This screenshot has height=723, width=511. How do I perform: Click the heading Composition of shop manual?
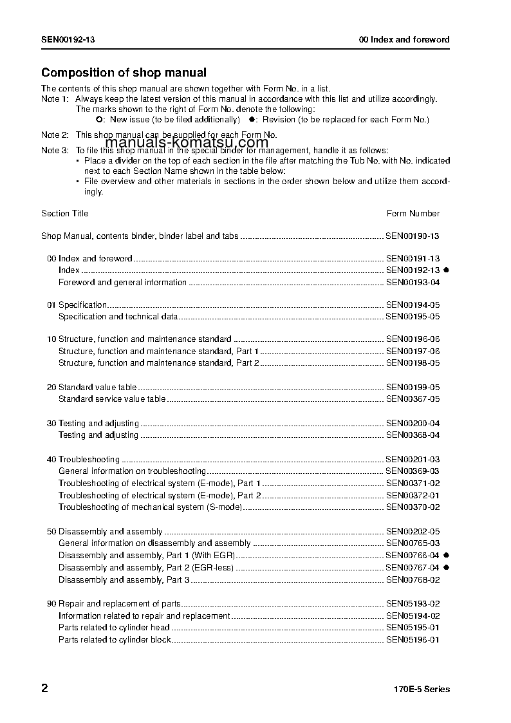pos(124,73)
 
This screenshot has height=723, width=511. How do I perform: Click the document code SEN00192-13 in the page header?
pos(69,39)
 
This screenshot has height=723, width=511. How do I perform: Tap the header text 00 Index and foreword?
pos(404,39)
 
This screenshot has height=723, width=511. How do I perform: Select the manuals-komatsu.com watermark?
pos(187,143)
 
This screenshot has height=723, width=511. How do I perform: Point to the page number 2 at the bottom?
pos(44,688)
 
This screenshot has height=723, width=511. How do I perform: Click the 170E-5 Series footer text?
pos(422,689)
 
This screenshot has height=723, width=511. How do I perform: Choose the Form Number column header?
pos(413,213)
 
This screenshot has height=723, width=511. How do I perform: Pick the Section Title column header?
pos(65,213)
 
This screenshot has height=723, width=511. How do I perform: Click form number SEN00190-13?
pos(413,236)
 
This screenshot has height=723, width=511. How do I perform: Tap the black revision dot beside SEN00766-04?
pos(445,555)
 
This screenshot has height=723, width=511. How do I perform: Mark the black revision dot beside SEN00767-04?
pos(445,567)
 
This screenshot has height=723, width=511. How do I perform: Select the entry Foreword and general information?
pos(122,282)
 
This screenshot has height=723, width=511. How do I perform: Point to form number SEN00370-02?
pos(413,507)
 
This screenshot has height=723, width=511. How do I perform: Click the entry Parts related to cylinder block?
pos(115,639)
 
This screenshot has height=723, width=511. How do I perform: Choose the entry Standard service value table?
pos(112,399)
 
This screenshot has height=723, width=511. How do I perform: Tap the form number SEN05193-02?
pos(413,604)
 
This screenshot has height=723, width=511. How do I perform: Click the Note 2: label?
pos(55,135)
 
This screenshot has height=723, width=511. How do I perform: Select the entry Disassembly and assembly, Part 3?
pos(124,579)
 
